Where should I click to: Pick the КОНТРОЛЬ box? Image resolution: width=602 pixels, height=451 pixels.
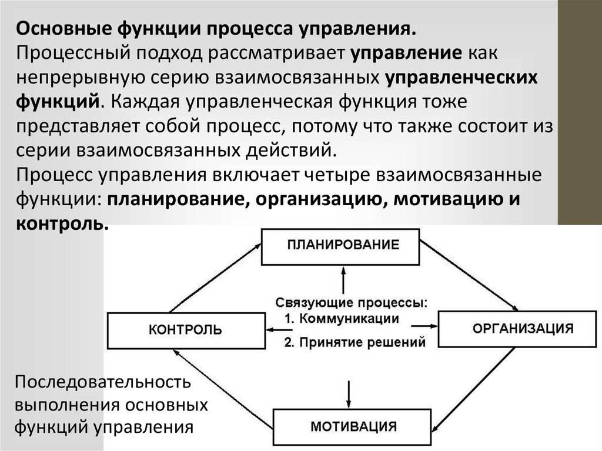pyautogui.click(x=185, y=330)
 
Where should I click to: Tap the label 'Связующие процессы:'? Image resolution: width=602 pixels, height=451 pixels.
pyautogui.click(x=352, y=303)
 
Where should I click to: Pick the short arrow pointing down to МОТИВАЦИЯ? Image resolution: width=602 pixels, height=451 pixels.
pyautogui.click(x=349, y=390)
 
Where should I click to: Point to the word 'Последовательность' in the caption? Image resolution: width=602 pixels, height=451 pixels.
pyautogui.click(x=103, y=383)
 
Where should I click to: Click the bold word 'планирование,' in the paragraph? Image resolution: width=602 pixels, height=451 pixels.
pyautogui.click(x=172, y=199)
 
